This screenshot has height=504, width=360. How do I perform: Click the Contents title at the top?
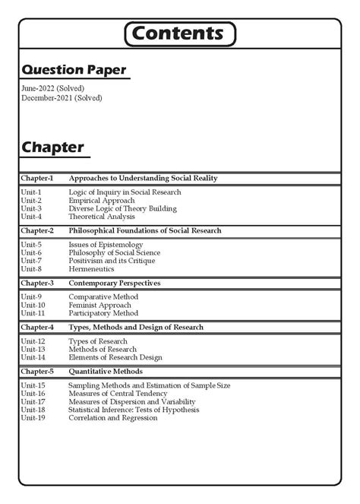(x=179, y=33)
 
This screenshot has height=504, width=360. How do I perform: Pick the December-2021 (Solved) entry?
(x=62, y=98)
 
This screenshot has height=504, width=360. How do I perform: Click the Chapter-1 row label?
(x=36, y=178)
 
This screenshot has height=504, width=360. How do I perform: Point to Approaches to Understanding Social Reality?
(x=143, y=178)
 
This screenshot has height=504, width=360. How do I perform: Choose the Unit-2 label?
(x=31, y=201)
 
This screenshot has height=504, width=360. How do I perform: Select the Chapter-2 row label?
(x=36, y=230)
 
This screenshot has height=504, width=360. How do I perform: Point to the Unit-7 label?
(x=31, y=261)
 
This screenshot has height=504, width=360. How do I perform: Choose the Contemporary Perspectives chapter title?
(x=114, y=283)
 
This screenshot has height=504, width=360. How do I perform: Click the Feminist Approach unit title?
(x=99, y=305)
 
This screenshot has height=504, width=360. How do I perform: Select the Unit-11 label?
(x=33, y=312)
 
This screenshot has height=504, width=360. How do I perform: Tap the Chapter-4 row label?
(x=36, y=327)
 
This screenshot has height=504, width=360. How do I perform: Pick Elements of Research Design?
(x=115, y=357)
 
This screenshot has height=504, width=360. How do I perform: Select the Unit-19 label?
(x=33, y=417)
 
